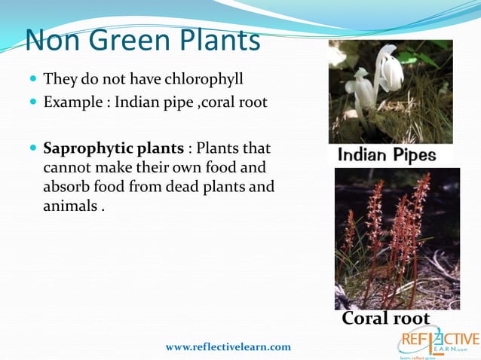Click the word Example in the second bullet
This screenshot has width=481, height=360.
pos(72,102)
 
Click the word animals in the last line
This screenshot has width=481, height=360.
pos(69,206)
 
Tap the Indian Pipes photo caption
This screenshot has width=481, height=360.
pos(386,155)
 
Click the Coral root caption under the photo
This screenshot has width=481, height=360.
pos(385,319)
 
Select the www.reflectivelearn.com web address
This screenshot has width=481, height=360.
pos(228,346)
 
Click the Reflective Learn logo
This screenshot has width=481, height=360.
pos(437,340)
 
